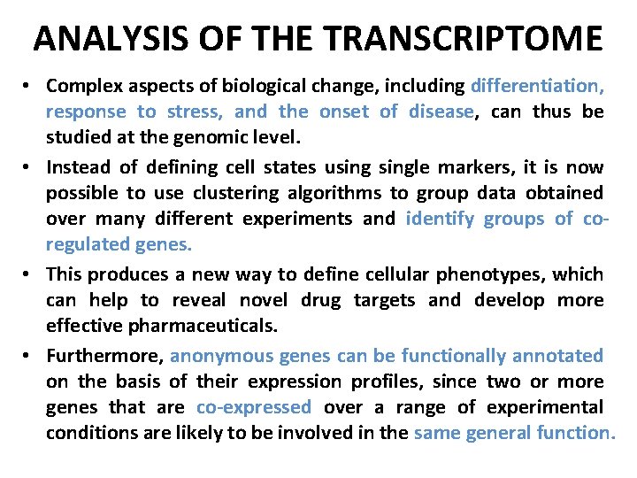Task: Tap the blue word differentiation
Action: coord(538,86)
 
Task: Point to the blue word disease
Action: coord(441,112)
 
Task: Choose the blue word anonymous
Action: coord(221,355)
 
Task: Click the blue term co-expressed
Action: coord(254,407)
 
